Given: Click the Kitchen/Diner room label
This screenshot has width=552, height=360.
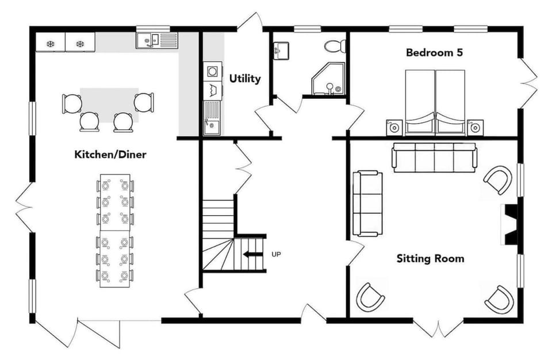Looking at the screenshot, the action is point(110,154).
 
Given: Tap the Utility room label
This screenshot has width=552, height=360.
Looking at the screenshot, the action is point(245,78).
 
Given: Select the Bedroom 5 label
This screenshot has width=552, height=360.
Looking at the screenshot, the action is point(434,52).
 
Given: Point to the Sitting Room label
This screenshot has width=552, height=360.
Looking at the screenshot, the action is point(430,259).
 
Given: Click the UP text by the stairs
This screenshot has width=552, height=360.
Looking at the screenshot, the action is point(277,254).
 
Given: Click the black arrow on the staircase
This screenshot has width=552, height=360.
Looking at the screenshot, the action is point(252,254).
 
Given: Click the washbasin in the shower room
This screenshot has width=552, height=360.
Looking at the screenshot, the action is point(281,51).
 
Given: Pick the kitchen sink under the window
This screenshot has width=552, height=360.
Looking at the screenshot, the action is point(158,40).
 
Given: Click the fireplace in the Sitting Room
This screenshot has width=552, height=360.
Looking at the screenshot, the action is point(509,224).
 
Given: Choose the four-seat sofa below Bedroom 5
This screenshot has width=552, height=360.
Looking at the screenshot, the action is point(435,158).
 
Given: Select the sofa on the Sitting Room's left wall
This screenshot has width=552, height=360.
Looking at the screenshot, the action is point(367,203).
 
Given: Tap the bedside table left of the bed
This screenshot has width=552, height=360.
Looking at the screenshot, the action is point(394,127).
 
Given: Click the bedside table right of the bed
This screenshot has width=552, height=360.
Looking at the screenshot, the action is point(476,127).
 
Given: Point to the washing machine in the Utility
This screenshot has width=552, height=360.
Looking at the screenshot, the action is point(213,71).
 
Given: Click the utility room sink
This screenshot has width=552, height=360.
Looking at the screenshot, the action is point(212,118).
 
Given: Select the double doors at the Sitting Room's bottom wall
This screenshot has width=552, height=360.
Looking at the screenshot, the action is point(438,328).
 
